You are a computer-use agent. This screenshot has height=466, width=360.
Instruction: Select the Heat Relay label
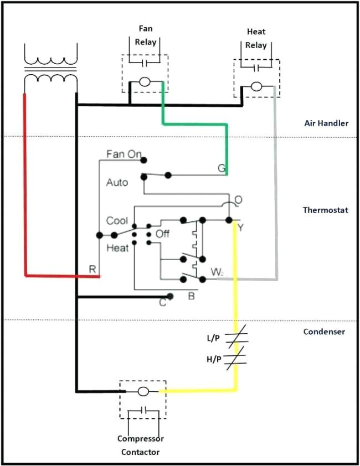pyautogui.click(x=256, y=39)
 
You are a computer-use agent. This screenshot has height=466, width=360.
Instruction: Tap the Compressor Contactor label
pyautogui.click(x=141, y=446)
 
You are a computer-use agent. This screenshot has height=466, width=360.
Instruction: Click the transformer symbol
pyautogui.click(x=50, y=66)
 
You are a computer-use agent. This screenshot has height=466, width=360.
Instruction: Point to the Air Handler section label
pyautogui.click(x=326, y=123)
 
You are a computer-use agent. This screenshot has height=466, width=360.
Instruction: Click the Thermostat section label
pyautogui.click(x=325, y=210)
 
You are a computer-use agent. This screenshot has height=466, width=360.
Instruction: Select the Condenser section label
pyautogui.click(x=324, y=332)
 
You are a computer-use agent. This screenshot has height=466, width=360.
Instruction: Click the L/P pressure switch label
pyautogui.click(x=214, y=338)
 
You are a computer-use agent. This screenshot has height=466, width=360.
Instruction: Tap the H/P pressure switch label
pyautogui.click(x=214, y=359)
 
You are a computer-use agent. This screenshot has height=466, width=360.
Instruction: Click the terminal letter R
pyautogui.click(x=92, y=269)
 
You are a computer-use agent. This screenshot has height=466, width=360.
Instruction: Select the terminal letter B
pyautogui.click(x=191, y=296)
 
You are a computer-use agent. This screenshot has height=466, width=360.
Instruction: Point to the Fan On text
pyautogui.click(x=124, y=154)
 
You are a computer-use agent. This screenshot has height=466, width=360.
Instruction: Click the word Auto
pyautogui.click(x=117, y=182)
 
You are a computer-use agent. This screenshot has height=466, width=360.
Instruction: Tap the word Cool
pyautogui.click(x=117, y=221)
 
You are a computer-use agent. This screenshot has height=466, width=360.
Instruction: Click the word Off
pyautogui.click(x=162, y=234)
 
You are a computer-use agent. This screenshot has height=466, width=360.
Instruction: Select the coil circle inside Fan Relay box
pyautogui.click(x=145, y=82)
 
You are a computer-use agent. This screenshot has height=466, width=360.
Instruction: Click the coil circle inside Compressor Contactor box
pyautogui.click(x=142, y=391)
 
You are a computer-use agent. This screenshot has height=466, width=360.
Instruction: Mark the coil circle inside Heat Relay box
pyautogui.click(x=256, y=87)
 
